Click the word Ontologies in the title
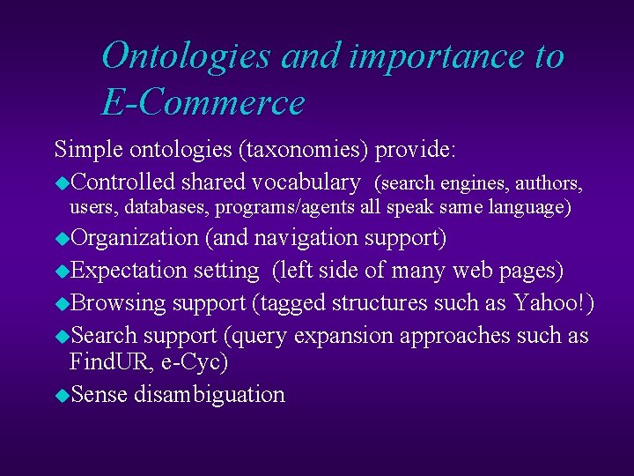click(x=187, y=56)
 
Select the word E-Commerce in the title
click(x=203, y=103)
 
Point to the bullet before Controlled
click(x=61, y=183)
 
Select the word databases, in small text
click(x=166, y=207)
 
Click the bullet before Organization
click(x=61, y=239)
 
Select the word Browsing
click(x=118, y=303)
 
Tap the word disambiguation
click(x=210, y=394)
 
